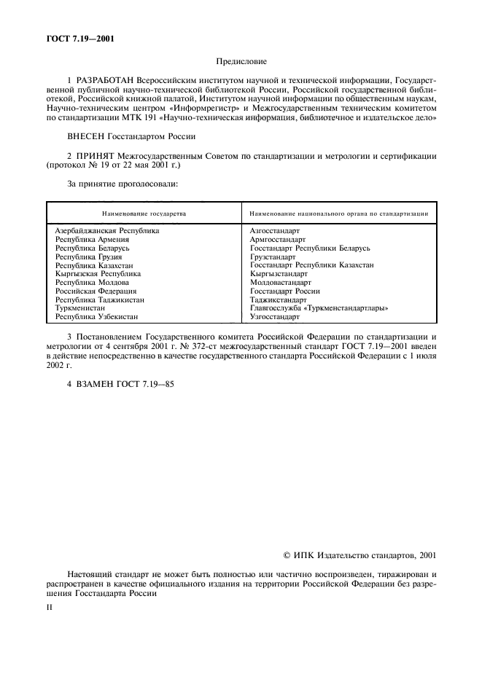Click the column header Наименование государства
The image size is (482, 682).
point(144,213)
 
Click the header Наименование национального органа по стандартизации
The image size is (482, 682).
point(338,213)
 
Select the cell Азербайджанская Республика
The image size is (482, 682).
point(106,230)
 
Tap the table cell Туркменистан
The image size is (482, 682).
point(80,308)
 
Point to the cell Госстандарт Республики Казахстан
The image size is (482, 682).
point(311,265)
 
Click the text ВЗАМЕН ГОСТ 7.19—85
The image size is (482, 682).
point(125,383)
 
